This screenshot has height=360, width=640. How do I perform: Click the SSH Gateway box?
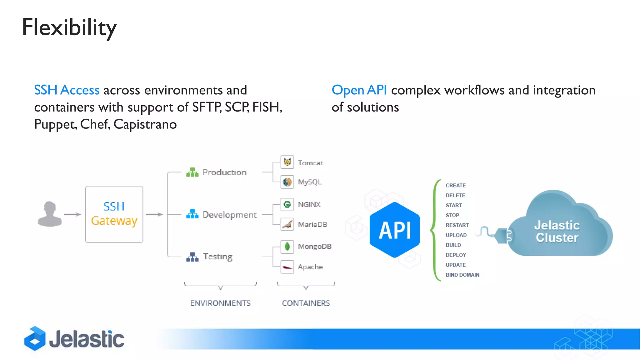(114, 214)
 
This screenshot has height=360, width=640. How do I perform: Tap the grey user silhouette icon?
(50, 214)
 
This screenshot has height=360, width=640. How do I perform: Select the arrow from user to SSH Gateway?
(72, 214)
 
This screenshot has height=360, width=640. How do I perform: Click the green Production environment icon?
(192, 172)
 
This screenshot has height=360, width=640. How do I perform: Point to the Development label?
(229, 215)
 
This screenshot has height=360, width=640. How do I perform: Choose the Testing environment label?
(217, 257)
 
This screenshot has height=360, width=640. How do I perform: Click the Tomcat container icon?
(287, 162)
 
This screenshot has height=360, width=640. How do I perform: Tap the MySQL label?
(309, 182)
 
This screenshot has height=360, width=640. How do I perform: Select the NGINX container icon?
(287, 205)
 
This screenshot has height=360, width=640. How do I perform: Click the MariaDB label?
(312, 224)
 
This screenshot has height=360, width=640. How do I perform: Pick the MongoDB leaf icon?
(287, 247)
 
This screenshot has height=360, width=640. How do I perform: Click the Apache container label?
(310, 267)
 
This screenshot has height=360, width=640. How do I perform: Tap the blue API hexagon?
(395, 230)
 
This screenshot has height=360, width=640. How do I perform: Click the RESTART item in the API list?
(457, 225)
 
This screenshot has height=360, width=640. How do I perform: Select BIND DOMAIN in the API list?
(462, 275)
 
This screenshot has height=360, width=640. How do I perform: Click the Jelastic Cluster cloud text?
(557, 231)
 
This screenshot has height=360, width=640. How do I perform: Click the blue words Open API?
(359, 90)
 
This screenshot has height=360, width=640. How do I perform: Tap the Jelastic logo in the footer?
(74, 339)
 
